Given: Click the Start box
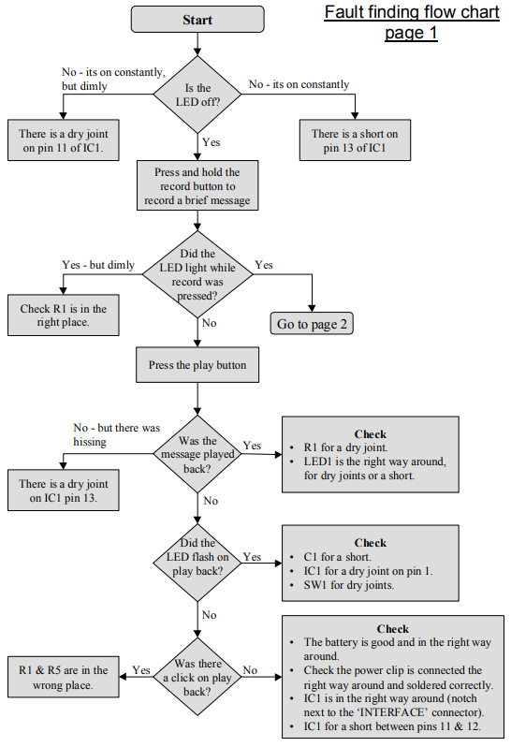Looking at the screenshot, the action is (197, 20).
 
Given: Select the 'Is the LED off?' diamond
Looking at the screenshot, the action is (197, 95).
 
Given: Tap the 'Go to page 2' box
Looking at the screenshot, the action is (312, 324).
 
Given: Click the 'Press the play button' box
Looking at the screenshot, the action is (197, 365).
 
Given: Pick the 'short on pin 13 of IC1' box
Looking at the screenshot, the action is (355, 140).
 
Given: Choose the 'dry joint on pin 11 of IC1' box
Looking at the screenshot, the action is (64, 140).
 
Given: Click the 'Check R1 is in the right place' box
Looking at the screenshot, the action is (64, 315).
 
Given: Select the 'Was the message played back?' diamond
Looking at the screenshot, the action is (197, 454).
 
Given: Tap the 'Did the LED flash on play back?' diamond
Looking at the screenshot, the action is (197, 563).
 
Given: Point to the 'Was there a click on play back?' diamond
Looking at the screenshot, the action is (197, 677).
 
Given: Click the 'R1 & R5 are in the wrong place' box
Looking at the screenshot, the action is (64, 677).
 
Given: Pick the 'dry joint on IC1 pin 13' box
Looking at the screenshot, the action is (64, 491).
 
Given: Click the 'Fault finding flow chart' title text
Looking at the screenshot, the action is (412, 12).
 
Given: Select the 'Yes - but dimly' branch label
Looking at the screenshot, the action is (98, 265).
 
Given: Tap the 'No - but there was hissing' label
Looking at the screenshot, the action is (117, 434).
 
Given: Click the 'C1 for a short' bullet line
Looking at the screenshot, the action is (337, 557).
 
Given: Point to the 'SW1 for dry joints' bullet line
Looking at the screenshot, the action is (348, 585).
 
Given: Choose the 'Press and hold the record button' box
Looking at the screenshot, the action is (197, 185).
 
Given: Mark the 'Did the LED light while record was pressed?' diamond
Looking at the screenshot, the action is (197, 274).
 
